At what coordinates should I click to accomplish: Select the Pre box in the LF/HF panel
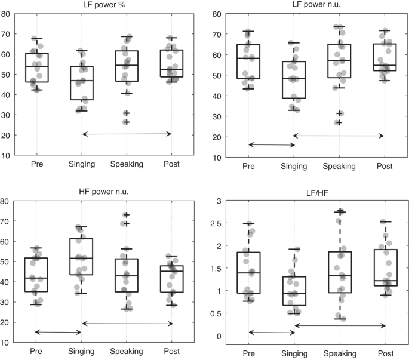pyautogui.click(x=249, y=273)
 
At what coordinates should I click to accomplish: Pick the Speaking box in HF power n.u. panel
pyautogui.click(x=127, y=275)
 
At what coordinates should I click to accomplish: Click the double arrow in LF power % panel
pyautogui.click(x=127, y=134)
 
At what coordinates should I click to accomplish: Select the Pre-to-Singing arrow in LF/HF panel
pyautogui.click(x=272, y=332)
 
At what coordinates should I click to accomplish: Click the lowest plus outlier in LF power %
pyautogui.click(x=127, y=122)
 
